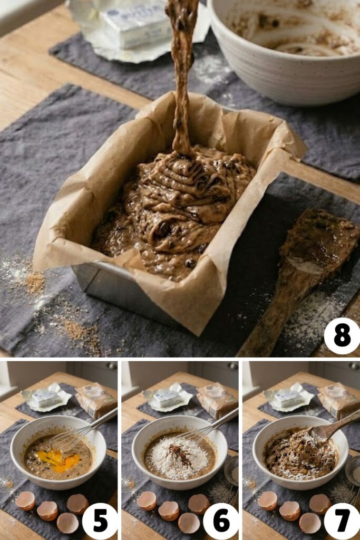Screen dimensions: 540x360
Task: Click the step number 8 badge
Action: pyautogui.click(x=342, y=336)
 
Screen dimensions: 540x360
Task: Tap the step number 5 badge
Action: pyautogui.click(x=100, y=520)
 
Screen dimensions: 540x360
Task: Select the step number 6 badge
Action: pyautogui.click(x=221, y=520)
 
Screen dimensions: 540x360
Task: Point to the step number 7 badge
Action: pyautogui.click(x=342, y=520)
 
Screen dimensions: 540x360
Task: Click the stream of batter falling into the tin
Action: pyautogui.click(x=182, y=79)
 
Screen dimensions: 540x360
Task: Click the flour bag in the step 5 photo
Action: pyautogui.click(x=95, y=401)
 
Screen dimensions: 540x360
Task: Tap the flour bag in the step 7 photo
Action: pyautogui.click(x=337, y=401)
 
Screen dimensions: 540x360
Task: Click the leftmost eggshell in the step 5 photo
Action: pyautogui.click(x=25, y=500)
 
